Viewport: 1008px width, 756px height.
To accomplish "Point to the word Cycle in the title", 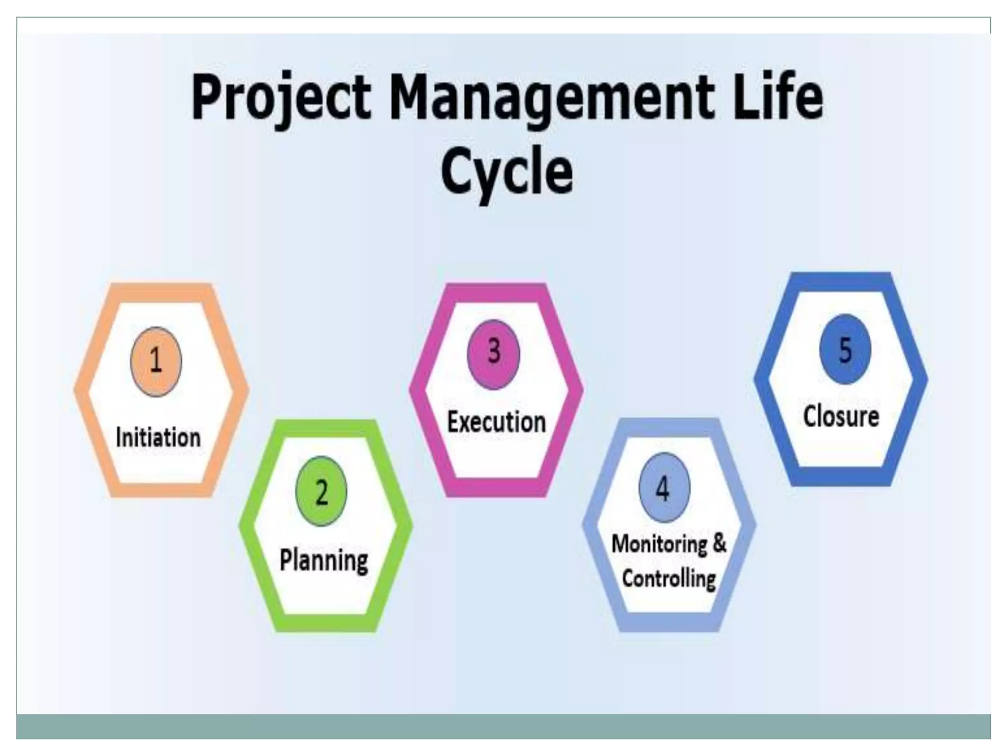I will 506,173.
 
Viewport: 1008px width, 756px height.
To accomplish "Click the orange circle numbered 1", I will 156,361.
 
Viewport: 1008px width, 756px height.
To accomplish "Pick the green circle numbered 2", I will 321,491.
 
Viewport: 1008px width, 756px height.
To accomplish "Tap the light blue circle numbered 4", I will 664,487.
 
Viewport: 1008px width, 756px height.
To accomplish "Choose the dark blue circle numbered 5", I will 845,349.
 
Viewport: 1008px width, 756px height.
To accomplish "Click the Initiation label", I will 158,437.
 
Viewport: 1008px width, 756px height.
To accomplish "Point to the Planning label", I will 324,561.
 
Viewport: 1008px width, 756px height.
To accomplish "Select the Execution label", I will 497,422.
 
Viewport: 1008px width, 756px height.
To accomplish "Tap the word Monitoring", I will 659,544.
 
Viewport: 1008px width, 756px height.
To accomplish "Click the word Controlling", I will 668,578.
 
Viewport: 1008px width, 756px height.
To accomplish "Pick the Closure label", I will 841,416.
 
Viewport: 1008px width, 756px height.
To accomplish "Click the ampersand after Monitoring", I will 719,543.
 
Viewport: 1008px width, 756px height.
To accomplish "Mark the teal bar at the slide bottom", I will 504,726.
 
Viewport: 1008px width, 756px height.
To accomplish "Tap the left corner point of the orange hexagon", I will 75,390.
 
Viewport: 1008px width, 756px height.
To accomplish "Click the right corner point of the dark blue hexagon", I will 927,379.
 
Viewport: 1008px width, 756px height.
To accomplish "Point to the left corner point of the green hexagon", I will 240,525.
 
